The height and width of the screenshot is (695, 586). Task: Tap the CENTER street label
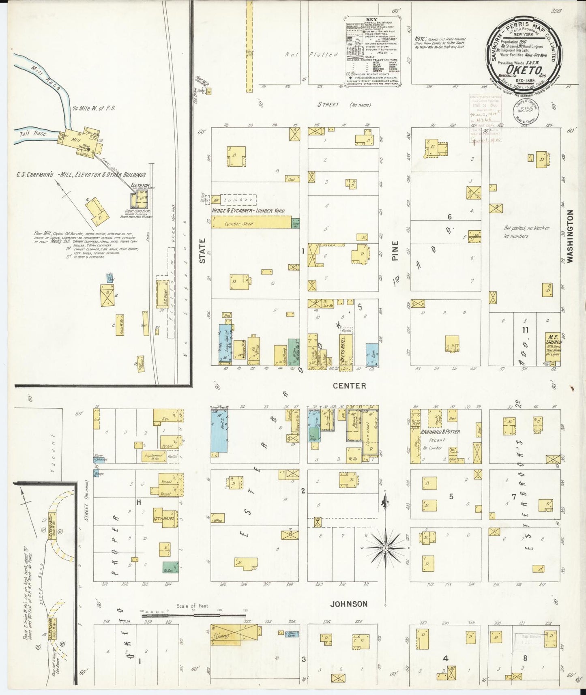(x=349, y=386)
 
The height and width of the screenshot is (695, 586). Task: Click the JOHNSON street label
(x=349, y=604)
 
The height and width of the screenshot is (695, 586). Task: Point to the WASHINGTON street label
(x=570, y=236)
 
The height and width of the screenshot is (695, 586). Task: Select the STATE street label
(x=202, y=250)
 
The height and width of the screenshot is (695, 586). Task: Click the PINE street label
(x=395, y=250)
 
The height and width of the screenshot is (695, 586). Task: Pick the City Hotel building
(x=164, y=518)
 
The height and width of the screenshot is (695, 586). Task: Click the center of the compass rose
(x=385, y=548)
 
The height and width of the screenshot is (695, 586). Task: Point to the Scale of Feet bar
(x=194, y=616)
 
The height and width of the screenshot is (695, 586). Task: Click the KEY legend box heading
(x=371, y=19)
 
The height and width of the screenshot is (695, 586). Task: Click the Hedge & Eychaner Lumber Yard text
(x=248, y=211)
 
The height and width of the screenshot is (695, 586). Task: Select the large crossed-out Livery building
(x=235, y=635)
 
